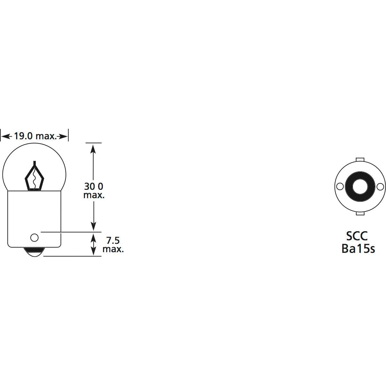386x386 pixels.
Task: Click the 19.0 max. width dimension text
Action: point(35,136)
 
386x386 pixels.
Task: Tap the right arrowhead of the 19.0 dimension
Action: point(64,137)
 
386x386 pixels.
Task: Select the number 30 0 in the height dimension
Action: point(94,186)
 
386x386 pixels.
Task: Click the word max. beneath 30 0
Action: point(94,195)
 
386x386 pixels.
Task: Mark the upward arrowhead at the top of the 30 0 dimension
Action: point(93,148)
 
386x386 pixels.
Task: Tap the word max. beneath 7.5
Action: point(113,249)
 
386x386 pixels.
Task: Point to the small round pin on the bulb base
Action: point(34,238)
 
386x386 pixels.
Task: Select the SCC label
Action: point(357,236)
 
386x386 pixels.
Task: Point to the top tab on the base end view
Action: point(360,159)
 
